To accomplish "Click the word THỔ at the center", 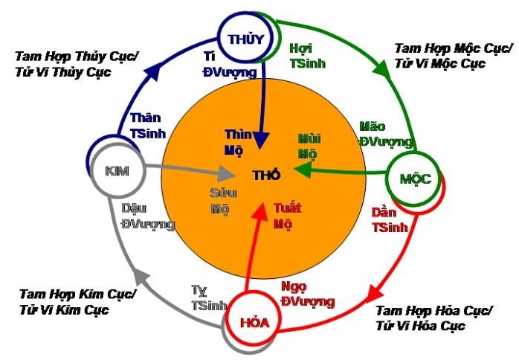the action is tap(266, 175).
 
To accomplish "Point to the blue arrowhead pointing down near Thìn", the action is tap(262, 141).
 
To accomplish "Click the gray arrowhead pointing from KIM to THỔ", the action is tap(225, 173).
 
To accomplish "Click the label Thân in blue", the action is tap(145, 118).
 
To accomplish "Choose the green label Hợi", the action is tap(301, 49).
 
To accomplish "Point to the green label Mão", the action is tap(373, 126).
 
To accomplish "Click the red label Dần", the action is tap(384, 212).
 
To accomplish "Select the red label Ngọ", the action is tap(294, 287).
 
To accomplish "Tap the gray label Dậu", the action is tap(134, 209).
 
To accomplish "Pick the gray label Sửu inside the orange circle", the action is tap(223, 193).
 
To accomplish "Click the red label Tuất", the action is tap(287, 208).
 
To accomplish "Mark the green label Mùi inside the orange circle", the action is tap(309, 138).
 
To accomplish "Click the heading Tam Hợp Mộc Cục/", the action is tap(453, 48).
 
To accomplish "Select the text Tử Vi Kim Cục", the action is tap(64, 310).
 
